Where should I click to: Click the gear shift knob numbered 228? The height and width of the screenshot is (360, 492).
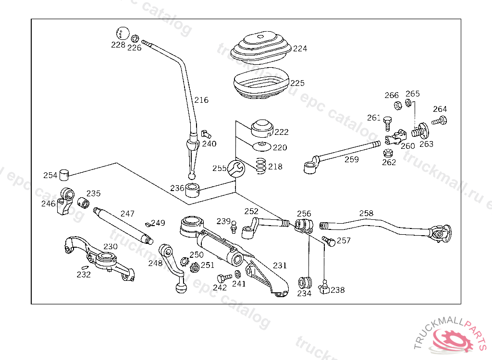123,34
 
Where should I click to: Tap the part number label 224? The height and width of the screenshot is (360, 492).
300,48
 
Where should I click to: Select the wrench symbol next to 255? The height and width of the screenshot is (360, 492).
235,168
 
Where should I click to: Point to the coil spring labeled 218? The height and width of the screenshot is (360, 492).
261,166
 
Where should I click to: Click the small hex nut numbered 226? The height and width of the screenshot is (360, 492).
135,38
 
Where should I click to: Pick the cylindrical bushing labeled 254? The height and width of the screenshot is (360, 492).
64,175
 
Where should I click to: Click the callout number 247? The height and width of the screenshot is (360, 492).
127,214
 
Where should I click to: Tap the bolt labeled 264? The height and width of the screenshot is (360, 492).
439,120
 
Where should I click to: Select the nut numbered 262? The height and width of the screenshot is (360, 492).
388,153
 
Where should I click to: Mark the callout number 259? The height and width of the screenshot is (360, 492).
351,160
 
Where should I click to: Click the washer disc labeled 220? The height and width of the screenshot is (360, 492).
261,145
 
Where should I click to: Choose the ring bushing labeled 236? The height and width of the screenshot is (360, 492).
192,190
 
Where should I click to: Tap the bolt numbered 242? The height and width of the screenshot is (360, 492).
224,278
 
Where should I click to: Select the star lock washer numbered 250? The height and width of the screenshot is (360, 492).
184,261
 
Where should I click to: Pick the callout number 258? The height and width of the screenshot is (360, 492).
366,214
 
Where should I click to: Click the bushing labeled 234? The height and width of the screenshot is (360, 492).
305,283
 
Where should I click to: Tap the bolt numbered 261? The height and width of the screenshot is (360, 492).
387,123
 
